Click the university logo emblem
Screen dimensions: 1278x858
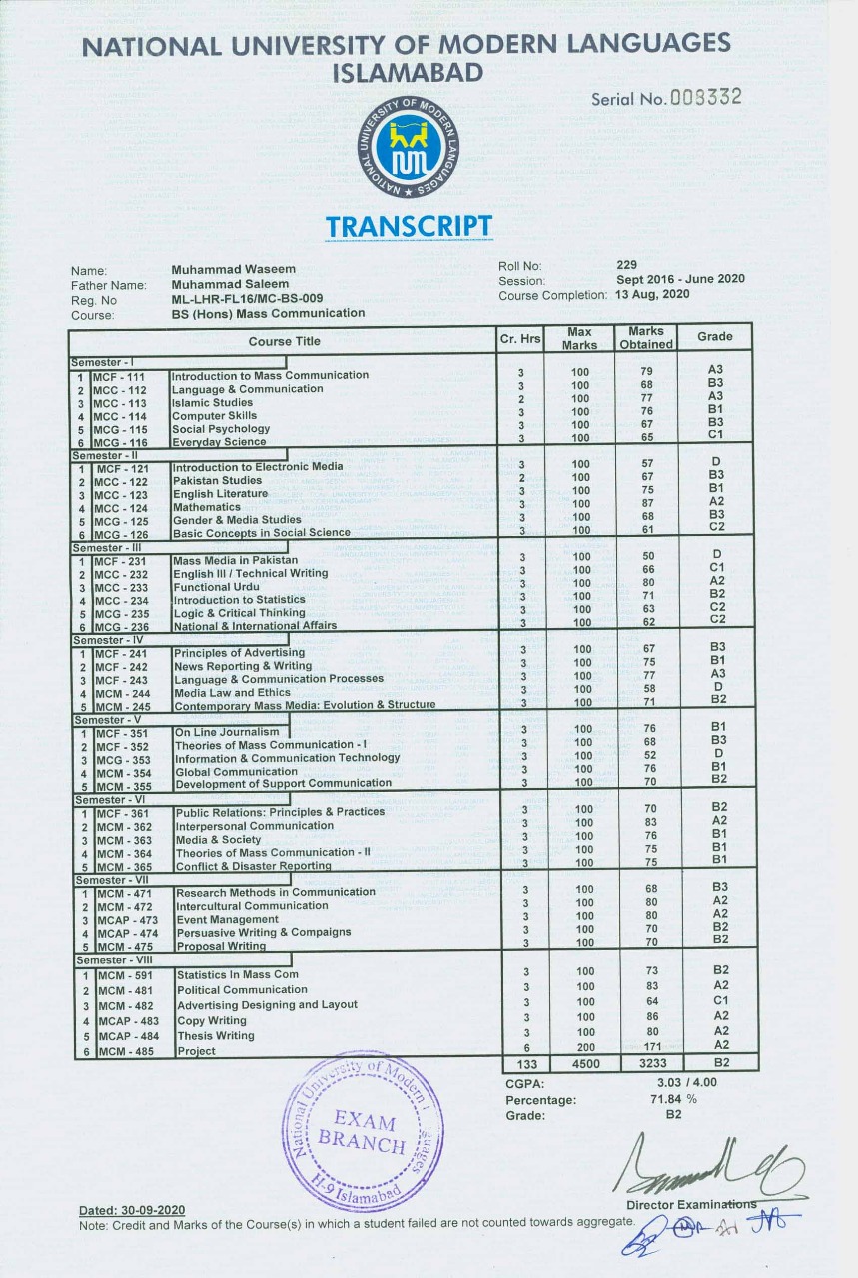pos(406,147)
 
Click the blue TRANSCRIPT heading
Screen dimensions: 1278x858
pos(408,227)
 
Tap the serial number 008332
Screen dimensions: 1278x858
pos(707,98)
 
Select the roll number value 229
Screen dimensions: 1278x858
pos(628,265)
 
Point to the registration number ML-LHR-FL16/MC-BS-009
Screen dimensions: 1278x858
pos(248,299)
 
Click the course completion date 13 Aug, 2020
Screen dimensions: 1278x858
pos(653,294)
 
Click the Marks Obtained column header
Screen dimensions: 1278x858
pos(646,338)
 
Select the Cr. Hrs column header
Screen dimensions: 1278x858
pos(520,340)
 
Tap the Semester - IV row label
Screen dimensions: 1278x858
pos(104,640)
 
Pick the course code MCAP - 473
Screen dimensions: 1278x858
pos(126,920)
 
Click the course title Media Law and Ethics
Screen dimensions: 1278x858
pos(233,692)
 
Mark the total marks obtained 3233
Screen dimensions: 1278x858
pos(645,1064)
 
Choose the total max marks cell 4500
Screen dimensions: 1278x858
pos(580,1064)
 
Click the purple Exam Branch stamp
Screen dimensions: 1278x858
pos(363,1131)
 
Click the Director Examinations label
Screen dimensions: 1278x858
pos(689,1205)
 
